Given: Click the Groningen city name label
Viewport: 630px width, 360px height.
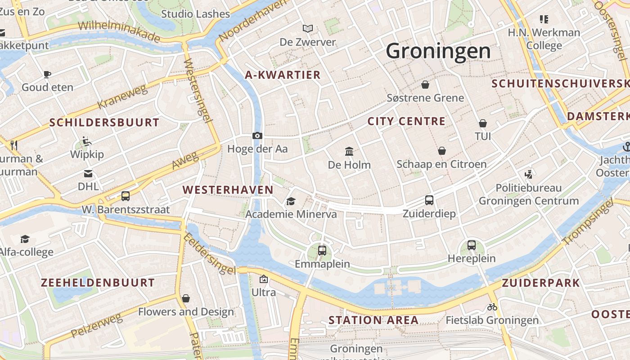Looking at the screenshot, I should tap(438, 51).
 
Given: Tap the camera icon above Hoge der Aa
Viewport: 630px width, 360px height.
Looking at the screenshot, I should tap(257, 135).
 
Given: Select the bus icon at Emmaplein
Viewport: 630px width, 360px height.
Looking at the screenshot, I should tap(322, 251).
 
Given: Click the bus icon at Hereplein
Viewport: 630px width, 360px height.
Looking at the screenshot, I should tap(472, 245).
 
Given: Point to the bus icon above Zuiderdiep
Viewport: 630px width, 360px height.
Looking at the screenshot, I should tap(429, 200).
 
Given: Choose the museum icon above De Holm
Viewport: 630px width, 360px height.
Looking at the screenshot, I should tap(349, 151).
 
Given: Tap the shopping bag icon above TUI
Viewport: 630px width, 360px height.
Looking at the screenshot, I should tap(483, 123).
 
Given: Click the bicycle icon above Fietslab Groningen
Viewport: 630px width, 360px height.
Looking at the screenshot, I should tap(492, 307).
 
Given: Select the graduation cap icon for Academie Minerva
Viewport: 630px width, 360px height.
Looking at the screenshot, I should tap(291, 201).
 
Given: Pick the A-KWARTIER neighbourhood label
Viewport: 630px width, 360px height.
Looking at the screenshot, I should tap(283, 75).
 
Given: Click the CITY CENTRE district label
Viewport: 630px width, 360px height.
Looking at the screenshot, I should tap(406, 121).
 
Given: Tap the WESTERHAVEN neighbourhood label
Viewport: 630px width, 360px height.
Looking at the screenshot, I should tap(228, 190).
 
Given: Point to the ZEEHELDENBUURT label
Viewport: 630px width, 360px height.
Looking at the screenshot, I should tap(98, 283).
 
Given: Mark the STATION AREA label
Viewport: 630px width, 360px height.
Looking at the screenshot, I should tap(373, 320).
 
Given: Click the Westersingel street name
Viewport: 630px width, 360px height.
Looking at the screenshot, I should tap(198, 90).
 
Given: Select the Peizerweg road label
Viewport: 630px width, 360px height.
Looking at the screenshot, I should tap(96, 326).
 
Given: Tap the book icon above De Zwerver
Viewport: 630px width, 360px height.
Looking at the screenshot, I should tap(308, 29).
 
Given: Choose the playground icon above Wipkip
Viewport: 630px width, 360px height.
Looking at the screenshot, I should tap(87, 141).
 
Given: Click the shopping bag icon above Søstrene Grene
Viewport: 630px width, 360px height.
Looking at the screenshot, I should tap(425, 85).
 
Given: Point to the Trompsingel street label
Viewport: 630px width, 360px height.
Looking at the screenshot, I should tap(587, 224).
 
